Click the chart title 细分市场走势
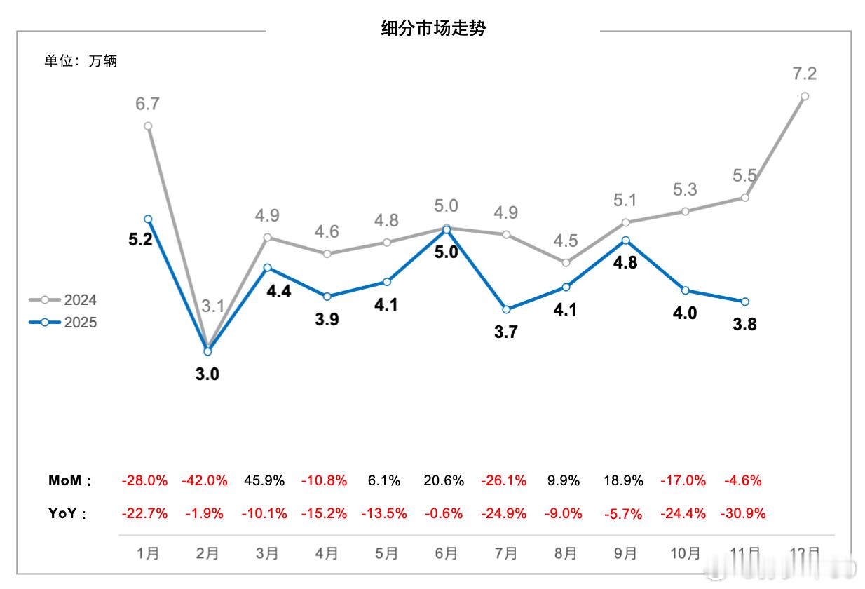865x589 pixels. [433, 29]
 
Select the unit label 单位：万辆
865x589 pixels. [81, 61]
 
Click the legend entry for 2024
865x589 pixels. [63, 300]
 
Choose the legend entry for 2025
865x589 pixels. [63, 323]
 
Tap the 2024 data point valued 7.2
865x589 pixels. [805, 96]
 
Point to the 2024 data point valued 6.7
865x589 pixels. [148, 126]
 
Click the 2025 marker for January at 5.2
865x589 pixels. [148, 219]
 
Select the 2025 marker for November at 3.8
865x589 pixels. [745, 302]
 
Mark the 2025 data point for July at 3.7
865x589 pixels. [506, 309]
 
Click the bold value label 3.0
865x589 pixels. [207, 374]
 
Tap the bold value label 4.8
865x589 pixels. [625, 264]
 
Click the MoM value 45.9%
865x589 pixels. [264, 481]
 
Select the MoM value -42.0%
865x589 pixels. [205, 481]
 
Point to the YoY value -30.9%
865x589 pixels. [743, 514]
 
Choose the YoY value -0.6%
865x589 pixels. [444, 514]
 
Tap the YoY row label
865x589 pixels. [67, 514]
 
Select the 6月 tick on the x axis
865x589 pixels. [446, 553]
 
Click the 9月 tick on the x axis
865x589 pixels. [625, 553]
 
